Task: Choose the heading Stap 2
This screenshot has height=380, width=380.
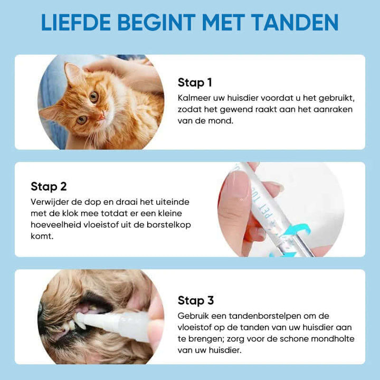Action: coord(48,186)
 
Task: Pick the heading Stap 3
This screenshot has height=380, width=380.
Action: coord(196,300)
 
